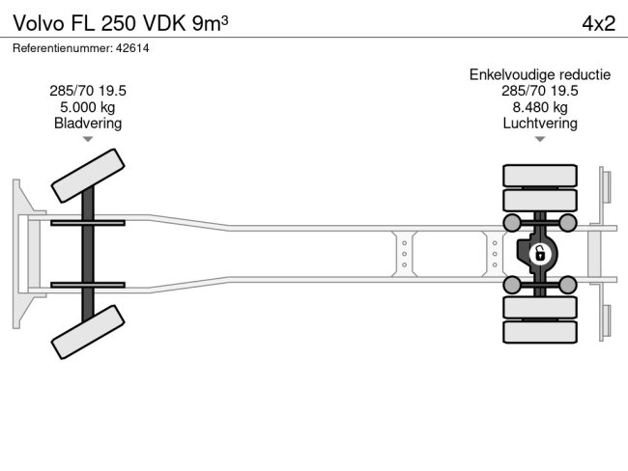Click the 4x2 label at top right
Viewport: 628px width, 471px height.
point(598,22)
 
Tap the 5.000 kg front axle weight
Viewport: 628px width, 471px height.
point(88,107)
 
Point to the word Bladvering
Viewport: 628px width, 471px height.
point(88,124)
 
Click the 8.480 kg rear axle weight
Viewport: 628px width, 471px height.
point(540,107)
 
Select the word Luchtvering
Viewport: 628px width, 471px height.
point(540,124)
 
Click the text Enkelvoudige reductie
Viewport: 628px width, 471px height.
point(540,74)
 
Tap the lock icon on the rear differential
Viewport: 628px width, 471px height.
point(540,255)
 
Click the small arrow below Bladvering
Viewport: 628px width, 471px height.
point(88,140)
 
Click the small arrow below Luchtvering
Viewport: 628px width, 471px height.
point(540,140)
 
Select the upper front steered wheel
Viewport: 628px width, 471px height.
point(87,175)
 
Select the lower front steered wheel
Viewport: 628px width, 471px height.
point(87,333)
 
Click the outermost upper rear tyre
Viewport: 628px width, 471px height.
point(540,176)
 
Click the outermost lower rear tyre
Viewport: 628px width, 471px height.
point(540,332)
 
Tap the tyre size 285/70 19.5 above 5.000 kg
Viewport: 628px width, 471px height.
point(88,91)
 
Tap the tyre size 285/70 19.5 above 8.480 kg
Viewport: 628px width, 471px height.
point(540,91)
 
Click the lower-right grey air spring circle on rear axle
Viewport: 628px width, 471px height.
point(568,284)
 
